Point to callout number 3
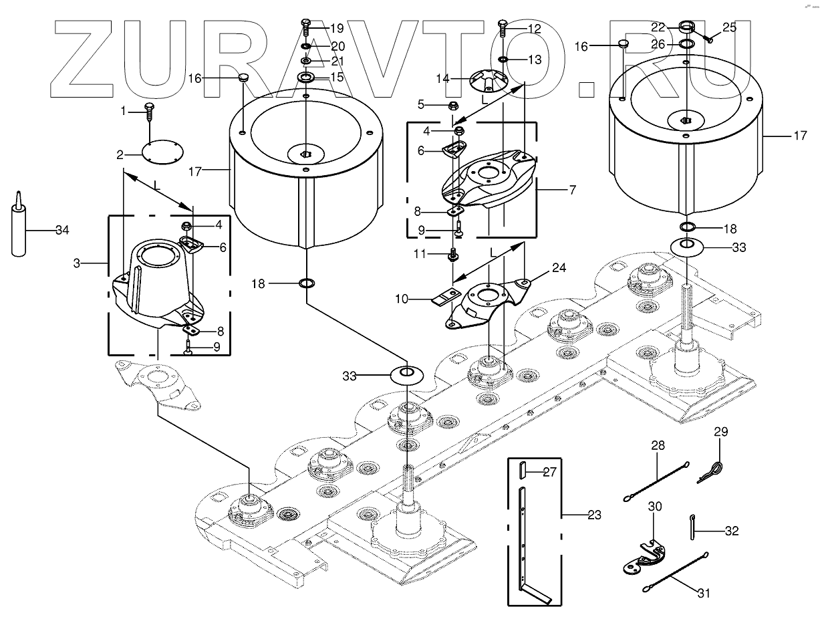tap(78, 264)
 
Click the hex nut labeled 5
tap(453, 105)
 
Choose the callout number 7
tap(571, 190)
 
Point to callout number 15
tap(337, 78)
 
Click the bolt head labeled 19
tap(305, 28)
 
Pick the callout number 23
tap(594, 515)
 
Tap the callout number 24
tap(559, 269)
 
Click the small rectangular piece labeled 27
tap(521, 471)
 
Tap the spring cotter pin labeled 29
tap(712, 469)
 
